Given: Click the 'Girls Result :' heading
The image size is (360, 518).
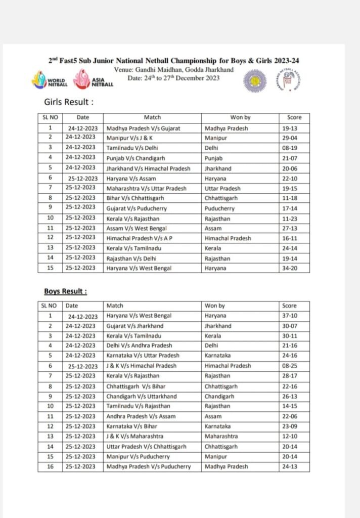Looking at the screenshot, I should click(x=68, y=102).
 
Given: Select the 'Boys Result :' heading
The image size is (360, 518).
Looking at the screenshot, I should click(x=65, y=291).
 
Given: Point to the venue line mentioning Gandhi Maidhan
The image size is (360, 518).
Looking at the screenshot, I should click(x=174, y=69).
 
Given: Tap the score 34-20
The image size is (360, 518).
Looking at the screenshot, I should click(x=290, y=268).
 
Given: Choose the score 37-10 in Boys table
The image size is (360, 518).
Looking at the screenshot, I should click(x=290, y=316).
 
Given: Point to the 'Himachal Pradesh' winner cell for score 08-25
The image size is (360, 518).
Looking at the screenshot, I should click(x=228, y=366).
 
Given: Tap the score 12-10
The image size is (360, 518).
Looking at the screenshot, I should click(x=290, y=436).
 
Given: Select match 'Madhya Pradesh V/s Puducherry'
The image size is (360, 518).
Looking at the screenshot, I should click(x=149, y=466).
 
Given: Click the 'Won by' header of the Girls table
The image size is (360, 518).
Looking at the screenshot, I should click(x=240, y=117).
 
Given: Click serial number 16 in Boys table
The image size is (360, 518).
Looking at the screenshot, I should click(x=50, y=466).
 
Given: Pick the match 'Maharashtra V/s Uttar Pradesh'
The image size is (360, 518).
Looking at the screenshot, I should click(x=146, y=188).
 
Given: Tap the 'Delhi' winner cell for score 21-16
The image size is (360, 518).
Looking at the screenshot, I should click(x=212, y=346).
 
